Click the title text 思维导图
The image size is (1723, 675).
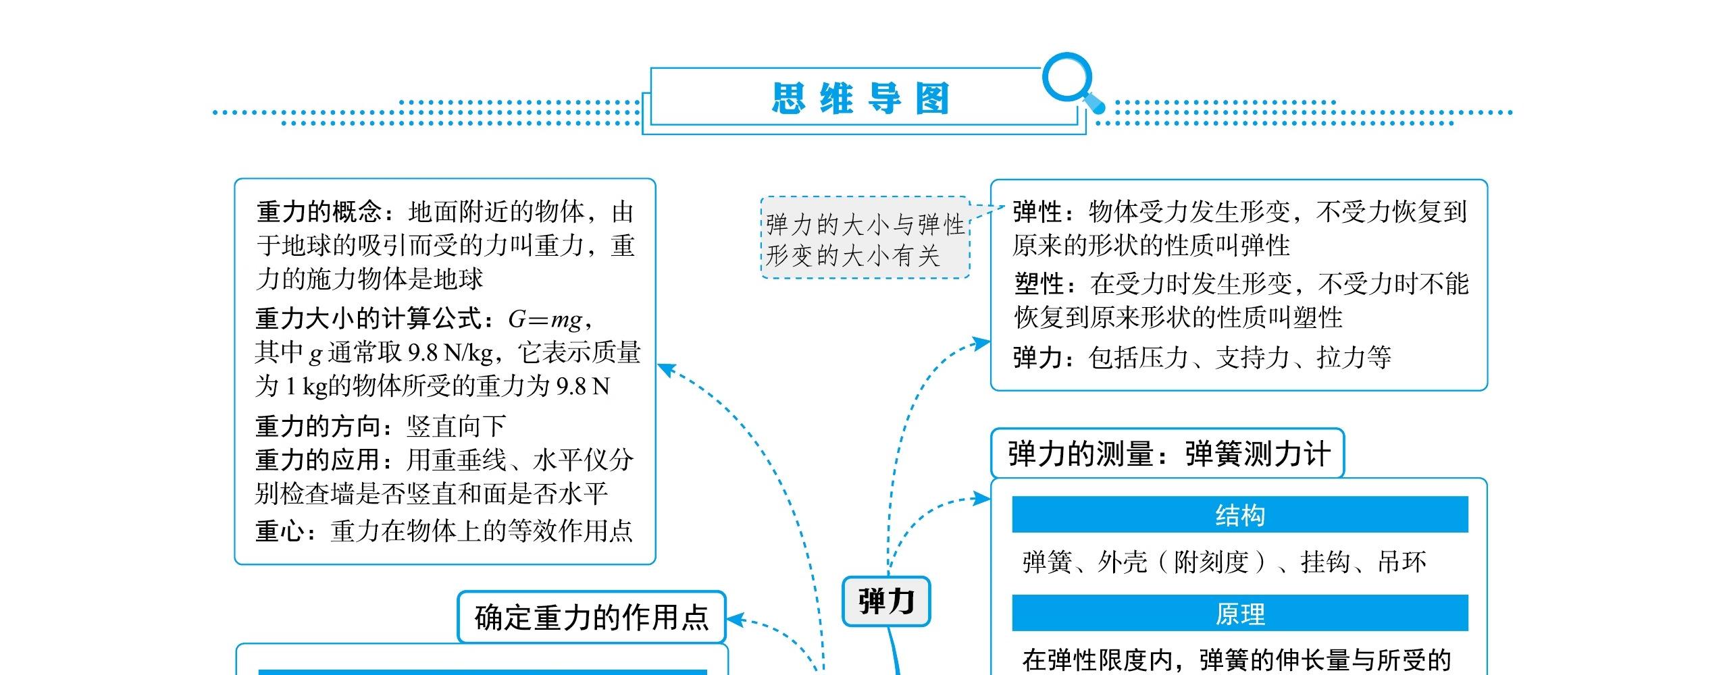click(x=860, y=99)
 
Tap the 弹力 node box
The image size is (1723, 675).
click(x=886, y=601)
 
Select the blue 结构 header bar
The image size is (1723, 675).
click(x=1239, y=515)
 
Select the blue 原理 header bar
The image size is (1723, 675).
click(x=1239, y=614)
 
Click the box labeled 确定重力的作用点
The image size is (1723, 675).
click(x=591, y=617)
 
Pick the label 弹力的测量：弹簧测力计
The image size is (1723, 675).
click(x=1168, y=454)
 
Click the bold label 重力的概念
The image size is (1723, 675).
click(x=319, y=213)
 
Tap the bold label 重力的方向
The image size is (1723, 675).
click(x=319, y=426)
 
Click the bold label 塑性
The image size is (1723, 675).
click(x=1040, y=284)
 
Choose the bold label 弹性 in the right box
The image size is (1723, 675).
click(x=1038, y=213)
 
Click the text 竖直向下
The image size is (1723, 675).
click(x=456, y=426)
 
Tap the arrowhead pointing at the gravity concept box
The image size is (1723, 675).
click(x=665, y=369)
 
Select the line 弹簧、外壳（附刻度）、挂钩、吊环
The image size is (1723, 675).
click(x=1224, y=562)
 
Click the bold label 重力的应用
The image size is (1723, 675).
click(x=319, y=460)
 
